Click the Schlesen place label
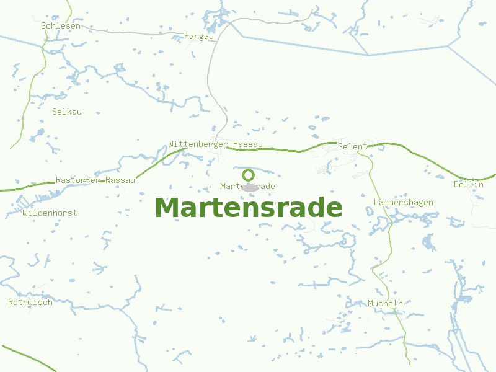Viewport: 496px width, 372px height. [x=61, y=26]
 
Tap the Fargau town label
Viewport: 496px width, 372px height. [x=199, y=37]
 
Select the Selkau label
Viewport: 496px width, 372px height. [x=67, y=112]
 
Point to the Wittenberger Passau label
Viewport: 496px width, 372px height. [x=216, y=144]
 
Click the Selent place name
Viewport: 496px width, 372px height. [x=353, y=146]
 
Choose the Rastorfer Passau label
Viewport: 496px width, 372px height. [x=95, y=180]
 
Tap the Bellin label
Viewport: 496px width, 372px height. [x=469, y=184]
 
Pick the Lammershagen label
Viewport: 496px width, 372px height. [x=404, y=203]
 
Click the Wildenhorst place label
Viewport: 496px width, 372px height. [x=50, y=213]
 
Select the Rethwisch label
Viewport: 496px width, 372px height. [x=30, y=303]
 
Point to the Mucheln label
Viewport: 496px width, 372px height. [x=385, y=304]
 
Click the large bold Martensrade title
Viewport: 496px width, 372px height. [x=248, y=208]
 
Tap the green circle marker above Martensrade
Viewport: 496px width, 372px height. [x=248, y=175]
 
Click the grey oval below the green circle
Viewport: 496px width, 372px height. [x=249, y=187]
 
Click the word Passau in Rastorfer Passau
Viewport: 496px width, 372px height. [x=120, y=180]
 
